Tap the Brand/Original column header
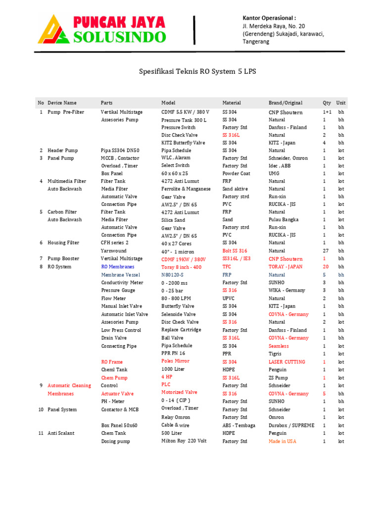coord(285,103)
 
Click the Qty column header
coord(327,103)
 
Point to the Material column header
coord(232,103)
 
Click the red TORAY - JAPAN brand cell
coord(285,267)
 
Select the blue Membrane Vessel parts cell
coord(121,275)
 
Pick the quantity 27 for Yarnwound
coord(326,251)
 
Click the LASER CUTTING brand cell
coord(287,362)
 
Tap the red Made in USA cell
coord(283,441)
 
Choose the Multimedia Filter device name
coord(67,181)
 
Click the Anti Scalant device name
coord(61,433)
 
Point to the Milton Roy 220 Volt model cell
coord(184,441)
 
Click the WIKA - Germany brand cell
coord(287,291)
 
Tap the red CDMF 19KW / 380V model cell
coord(183,259)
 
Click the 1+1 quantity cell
coord(327,112)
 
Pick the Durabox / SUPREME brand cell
coord(291,425)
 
